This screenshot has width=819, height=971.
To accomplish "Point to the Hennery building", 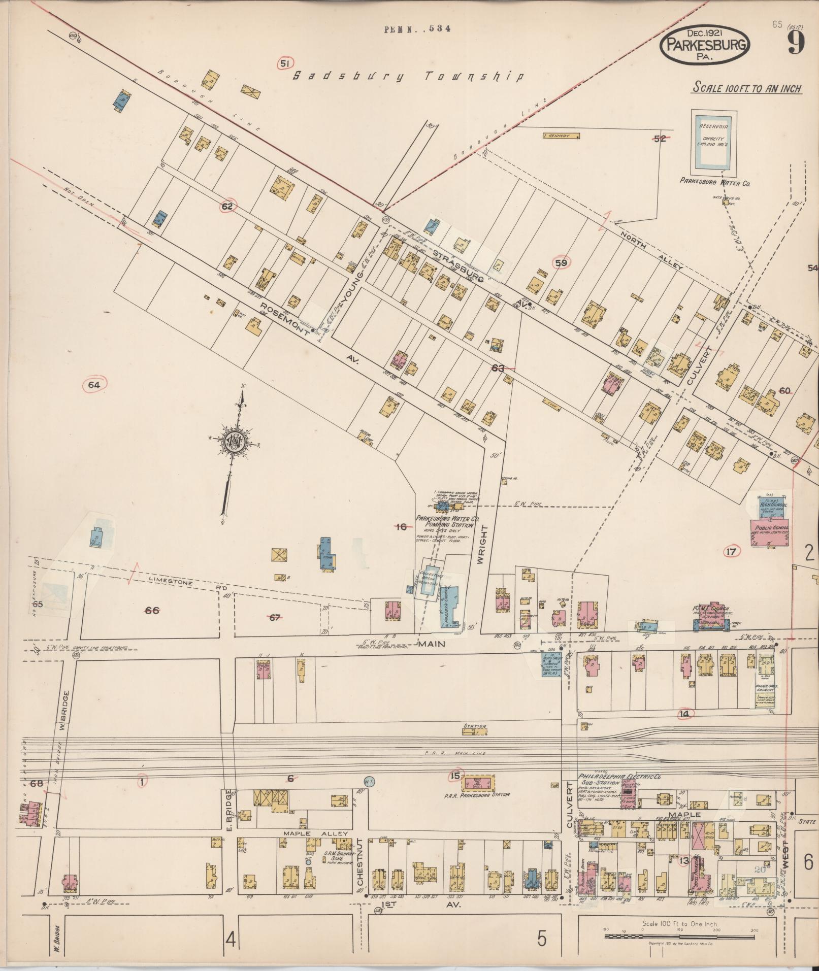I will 561,136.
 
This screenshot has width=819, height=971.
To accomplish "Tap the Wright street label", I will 483,545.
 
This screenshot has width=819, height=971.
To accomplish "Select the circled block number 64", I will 94,385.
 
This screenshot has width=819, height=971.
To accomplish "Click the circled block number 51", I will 285,63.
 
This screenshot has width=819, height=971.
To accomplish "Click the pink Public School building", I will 770,532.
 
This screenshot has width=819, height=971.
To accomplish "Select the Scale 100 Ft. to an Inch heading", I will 747,88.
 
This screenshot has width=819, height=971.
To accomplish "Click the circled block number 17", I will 731,552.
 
